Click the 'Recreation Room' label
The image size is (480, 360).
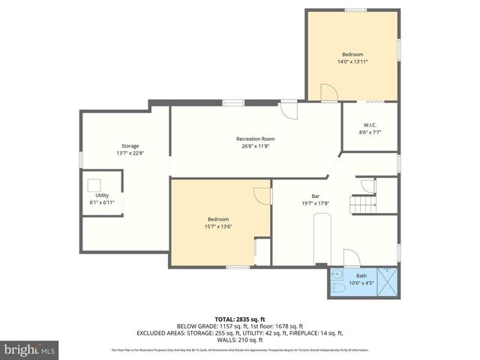pyautogui.click(x=256, y=139)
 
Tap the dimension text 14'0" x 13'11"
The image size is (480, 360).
pyautogui.click(x=352, y=62)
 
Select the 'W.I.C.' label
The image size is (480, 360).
pyautogui.click(x=370, y=124)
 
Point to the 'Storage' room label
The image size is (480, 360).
pyautogui.click(x=130, y=145)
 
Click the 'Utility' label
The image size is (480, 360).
pyautogui.click(x=102, y=195)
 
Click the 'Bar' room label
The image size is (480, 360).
pyautogui.click(x=316, y=196)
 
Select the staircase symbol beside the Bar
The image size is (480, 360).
pyautogui.click(x=364, y=203)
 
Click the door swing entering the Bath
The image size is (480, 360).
pyautogui.click(x=351, y=258)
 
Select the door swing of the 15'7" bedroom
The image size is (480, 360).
pyautogui.click(x=262, y=194)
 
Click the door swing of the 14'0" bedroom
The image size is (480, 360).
pyautogui.click(x=328, y=92)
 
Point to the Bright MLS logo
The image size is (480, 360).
pyautogui.click(x=29, y=349)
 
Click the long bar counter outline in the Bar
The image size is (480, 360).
pyautogui.click(x=322, y=238)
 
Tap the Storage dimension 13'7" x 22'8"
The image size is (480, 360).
pyautogui.click(x=130, y=153)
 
